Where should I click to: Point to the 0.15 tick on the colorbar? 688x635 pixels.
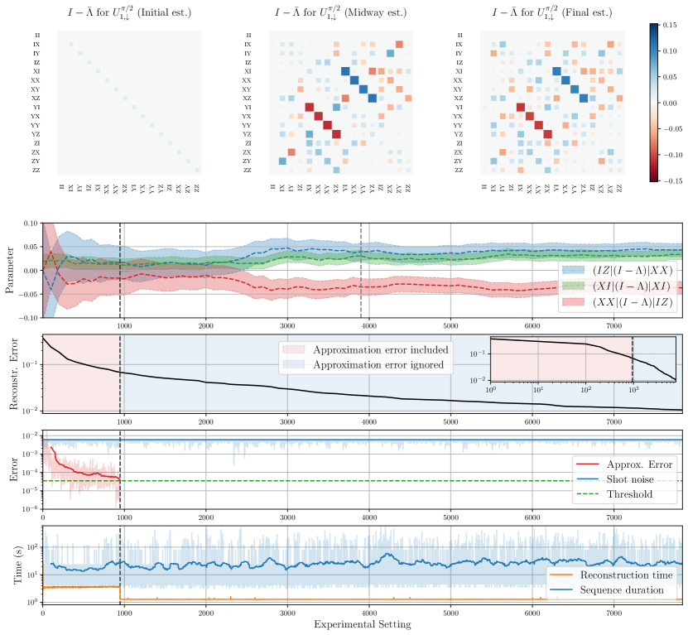tap(674, 25)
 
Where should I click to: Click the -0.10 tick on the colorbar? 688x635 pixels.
tap(676, 155)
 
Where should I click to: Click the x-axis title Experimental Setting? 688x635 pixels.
tap(362, 624)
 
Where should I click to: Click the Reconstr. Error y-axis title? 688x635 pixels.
tap(12, 373)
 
